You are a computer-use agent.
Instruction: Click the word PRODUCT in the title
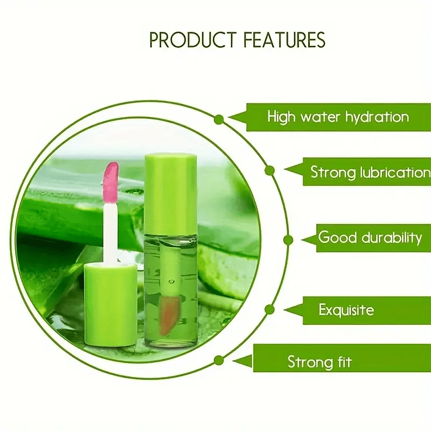pyautogui.click(x=193, y=40)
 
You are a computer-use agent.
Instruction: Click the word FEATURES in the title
pyautogui.click(x=284, y=40)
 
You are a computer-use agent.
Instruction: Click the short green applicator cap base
pyautogui.click(x=111, y=304)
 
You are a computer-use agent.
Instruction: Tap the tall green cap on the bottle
pyautogui.click(x=170, y=193)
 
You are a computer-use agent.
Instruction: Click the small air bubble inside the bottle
pyautogui.click(x=171, y=281)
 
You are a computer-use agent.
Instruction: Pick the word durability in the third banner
pyautogui.click(x=392, y=238)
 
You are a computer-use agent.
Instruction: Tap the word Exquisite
pyautogui.click(x=346, y=310)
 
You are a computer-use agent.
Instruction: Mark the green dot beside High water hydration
pyautogui.click(x=219, y=119)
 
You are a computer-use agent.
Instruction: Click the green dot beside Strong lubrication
pyautogui.click(x=270, y=171)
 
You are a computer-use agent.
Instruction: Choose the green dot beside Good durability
pyautogui.click(x=288, y=240)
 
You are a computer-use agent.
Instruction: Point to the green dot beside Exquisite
pyautogui.click(x=270, y=309)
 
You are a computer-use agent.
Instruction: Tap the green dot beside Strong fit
pyautogui.click(x=219, y=360)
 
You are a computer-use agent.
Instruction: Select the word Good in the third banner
pyautogui.click(x=338, y=237)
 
